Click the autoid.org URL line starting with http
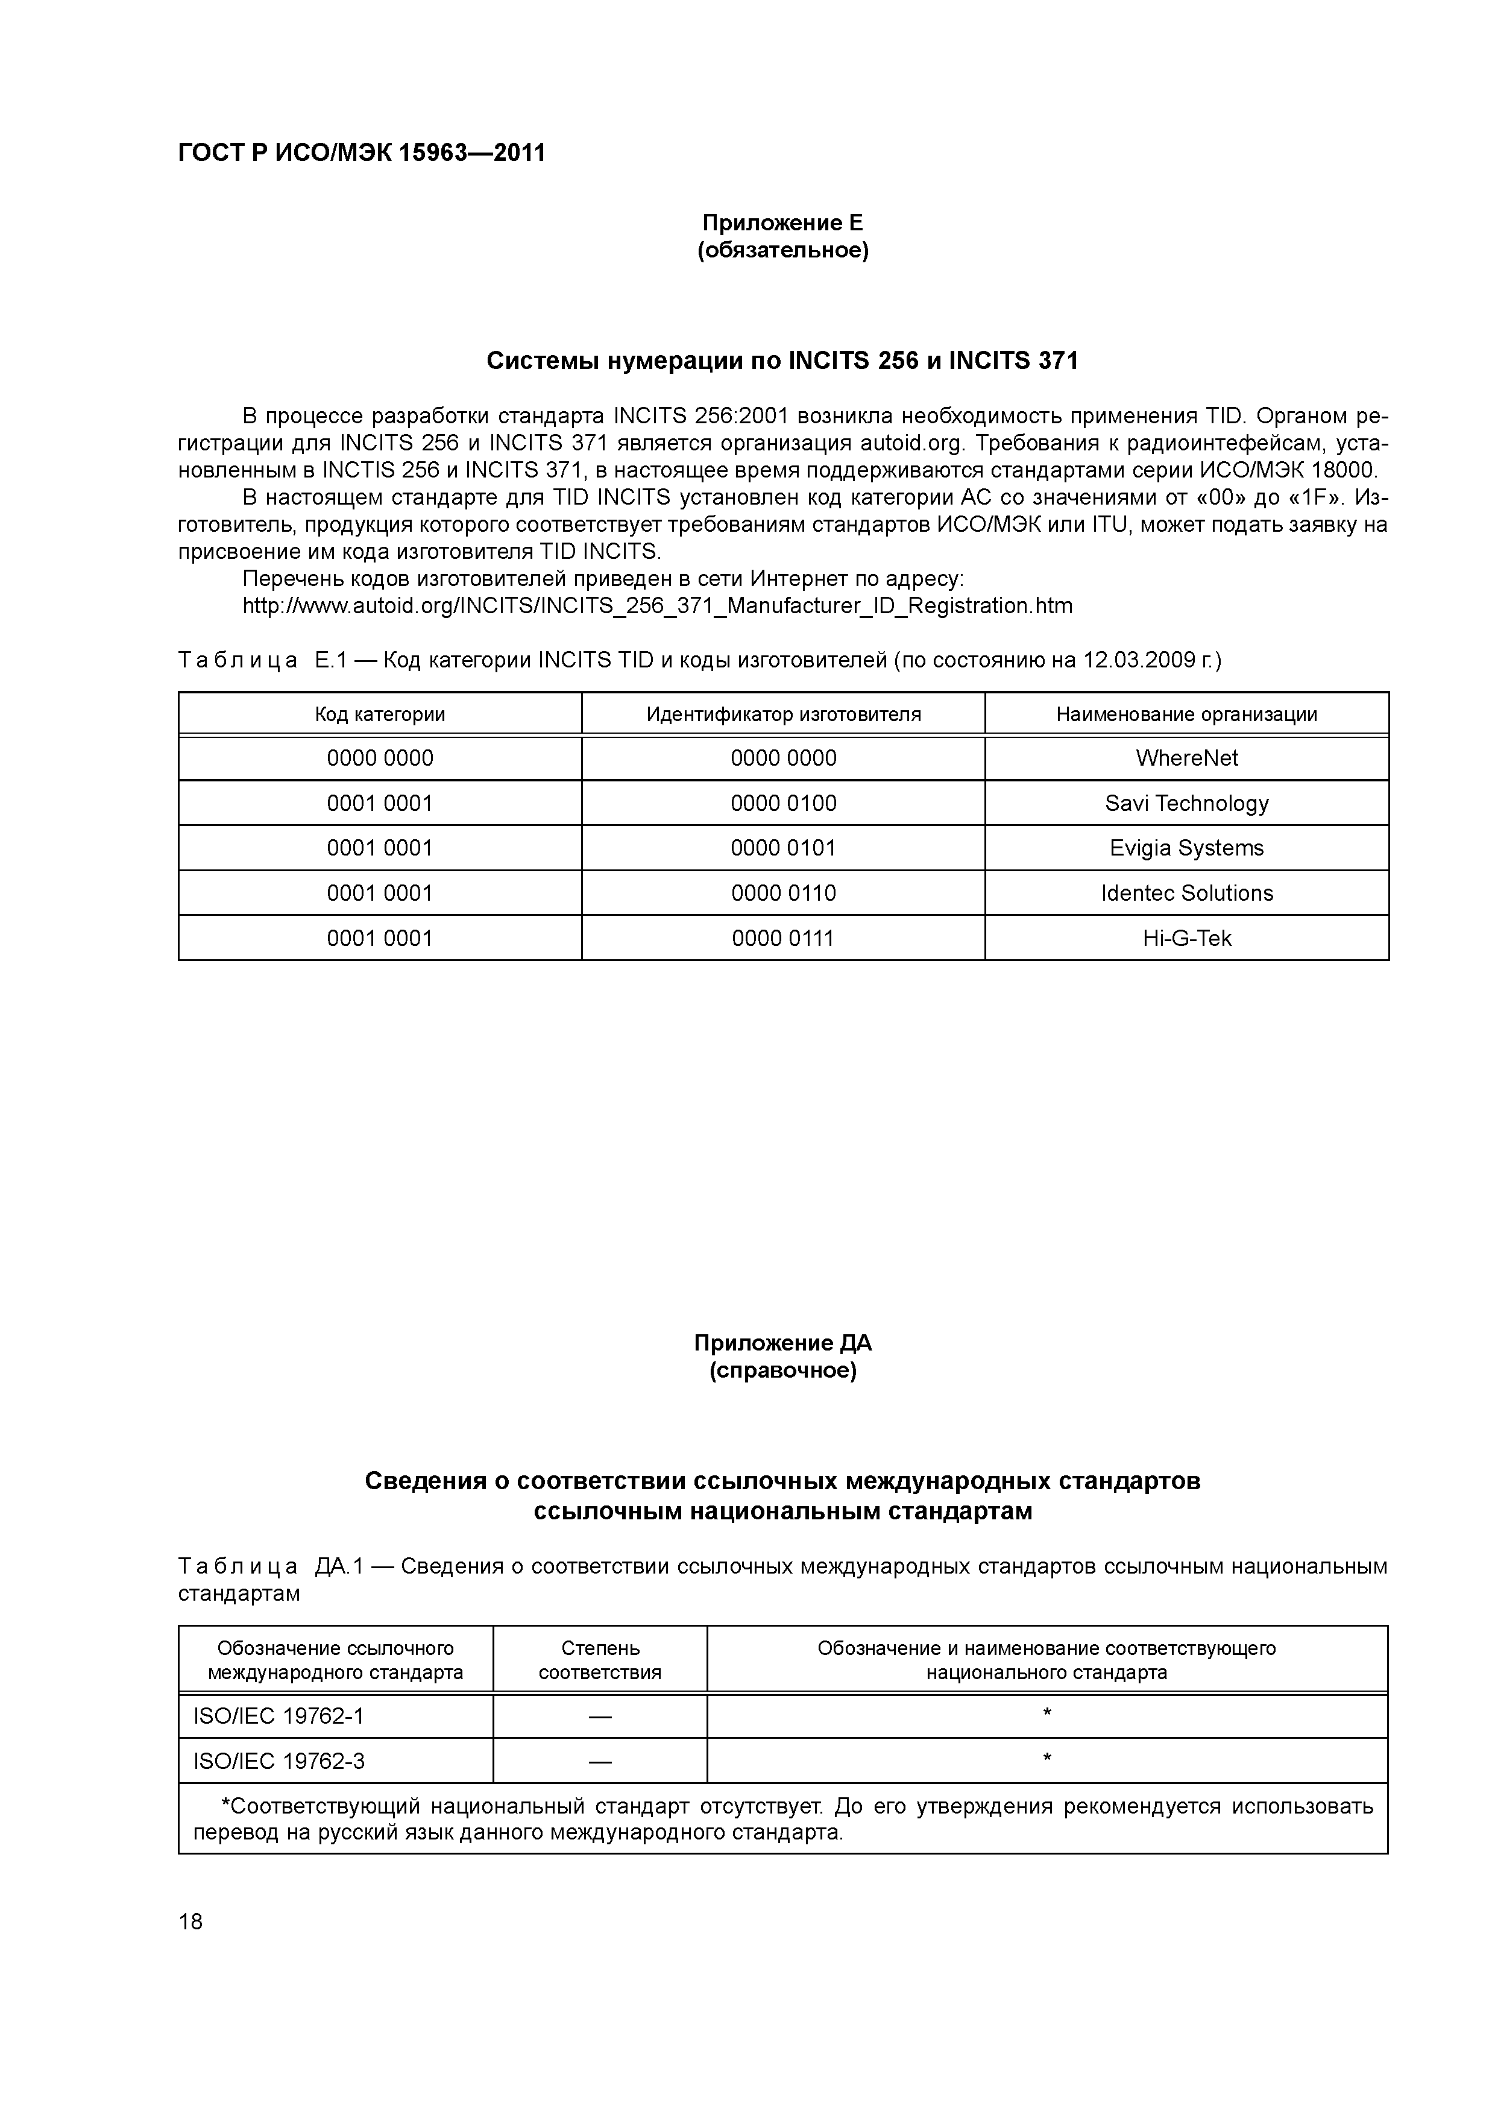click(x=656, y=605)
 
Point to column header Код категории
click(x=380, y=714)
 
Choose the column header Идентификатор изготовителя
click(x=783, y=714)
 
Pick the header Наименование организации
click(x=1186, y=714)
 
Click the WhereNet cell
click(x=1186, y=758)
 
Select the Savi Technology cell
click(x=1186, y=803)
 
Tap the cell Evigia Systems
click(x=1186, y=848)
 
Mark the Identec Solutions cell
click(x=1186, y=893)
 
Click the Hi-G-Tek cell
click(x=1186, y=938)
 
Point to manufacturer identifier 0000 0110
click(x=783, y=893)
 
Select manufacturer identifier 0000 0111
click(x=783, y=938)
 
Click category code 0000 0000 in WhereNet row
click(x=380, y=758)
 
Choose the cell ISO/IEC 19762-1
click(x=279, y=1716)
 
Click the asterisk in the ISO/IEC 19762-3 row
click(x=1046, y=1759)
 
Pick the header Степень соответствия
click(x=600, y=1660)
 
